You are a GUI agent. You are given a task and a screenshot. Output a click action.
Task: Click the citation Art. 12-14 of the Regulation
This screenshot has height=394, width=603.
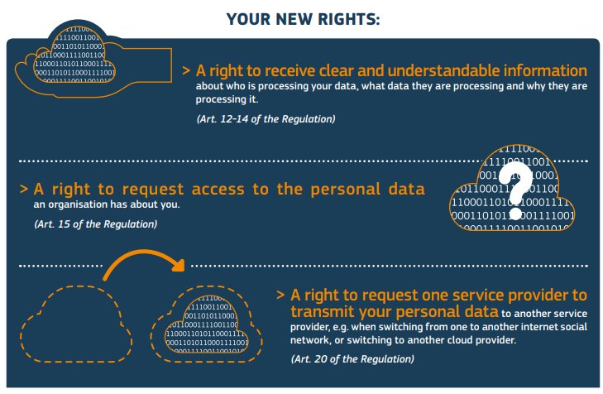point(266,119)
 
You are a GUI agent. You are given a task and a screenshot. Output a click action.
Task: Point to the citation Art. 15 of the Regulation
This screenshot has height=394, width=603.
point(95,223)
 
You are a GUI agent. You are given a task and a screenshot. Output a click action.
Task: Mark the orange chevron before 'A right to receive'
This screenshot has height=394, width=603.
point(187,72)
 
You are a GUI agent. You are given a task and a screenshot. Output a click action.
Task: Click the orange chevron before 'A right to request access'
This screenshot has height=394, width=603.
point(25,190)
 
